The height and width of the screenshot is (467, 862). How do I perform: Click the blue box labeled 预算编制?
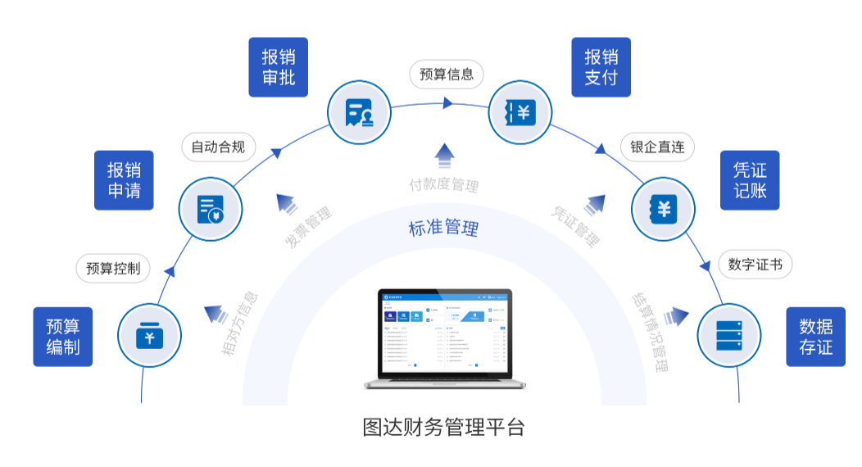pyautogui.click(x=63, y=337)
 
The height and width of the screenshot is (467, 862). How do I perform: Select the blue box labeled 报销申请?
pyautogui.click(x=124, y=180)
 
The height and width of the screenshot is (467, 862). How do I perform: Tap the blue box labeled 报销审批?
pyautogui.click(x=279, y=67)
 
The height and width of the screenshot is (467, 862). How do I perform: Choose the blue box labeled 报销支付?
pyautogui.click(x=601, y=67)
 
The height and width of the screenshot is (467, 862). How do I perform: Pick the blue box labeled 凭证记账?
pyautogui.click(x=750, y=180)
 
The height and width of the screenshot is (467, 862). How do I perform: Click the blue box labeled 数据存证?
pyautogui.click(x=815, y=337)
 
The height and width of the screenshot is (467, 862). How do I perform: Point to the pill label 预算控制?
pyautogui.click(x=113, y=268)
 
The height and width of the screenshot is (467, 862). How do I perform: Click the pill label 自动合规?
pyautogui.click(x=218, y=147)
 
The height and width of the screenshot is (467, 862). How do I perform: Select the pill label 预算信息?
pyautogui.click(x=447, y=74)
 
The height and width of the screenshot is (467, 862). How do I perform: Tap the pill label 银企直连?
pyautogui.click(x=657, y=147)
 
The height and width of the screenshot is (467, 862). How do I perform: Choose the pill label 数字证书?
pyautogui.click(x=755, y=265)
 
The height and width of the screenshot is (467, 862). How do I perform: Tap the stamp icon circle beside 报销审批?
pyautogui.click(x=360, y=112)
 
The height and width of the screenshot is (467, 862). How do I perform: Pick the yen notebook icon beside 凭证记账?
pyautogui.click(x=663, y=208)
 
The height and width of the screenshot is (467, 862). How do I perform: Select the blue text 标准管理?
pyautogui.click(x=443, y=228)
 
